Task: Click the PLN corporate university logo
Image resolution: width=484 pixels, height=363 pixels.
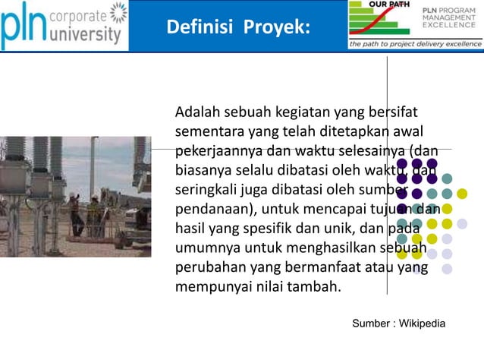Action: [x=64, y=25]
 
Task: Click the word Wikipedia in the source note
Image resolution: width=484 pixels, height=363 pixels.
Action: [x=420, y=324]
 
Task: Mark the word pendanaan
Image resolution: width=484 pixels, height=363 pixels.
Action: [x=213, y=209]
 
